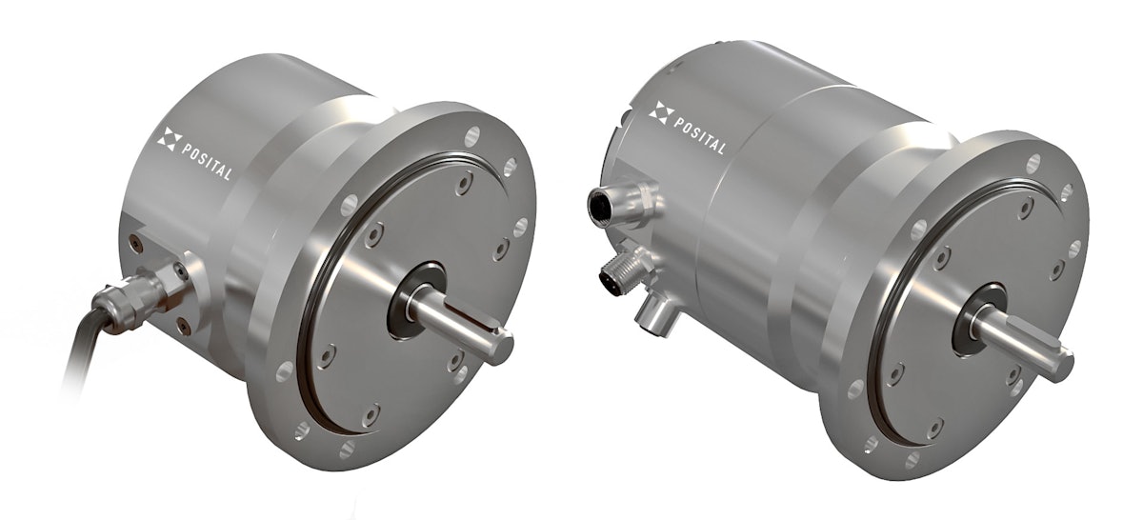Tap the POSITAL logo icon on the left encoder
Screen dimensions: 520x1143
[x=167, y=141]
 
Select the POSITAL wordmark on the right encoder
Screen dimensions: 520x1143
[x=700, y=135]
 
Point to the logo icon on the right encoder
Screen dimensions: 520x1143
[x=661, y=113]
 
